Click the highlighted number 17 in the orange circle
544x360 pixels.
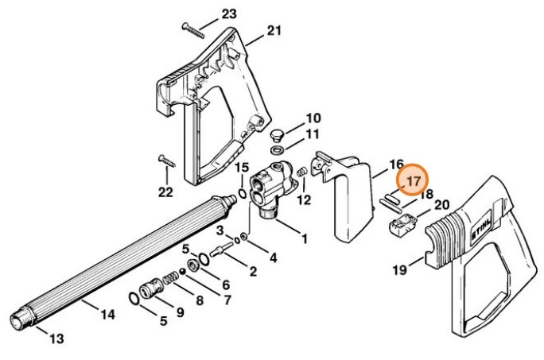pos(413,182)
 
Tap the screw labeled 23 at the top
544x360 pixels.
pos(196,27)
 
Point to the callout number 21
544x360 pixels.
pos(274,31)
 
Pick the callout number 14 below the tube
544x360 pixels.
pos(107,314)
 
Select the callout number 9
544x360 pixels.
pos(179,312)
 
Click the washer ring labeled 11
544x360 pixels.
pos(276,150)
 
